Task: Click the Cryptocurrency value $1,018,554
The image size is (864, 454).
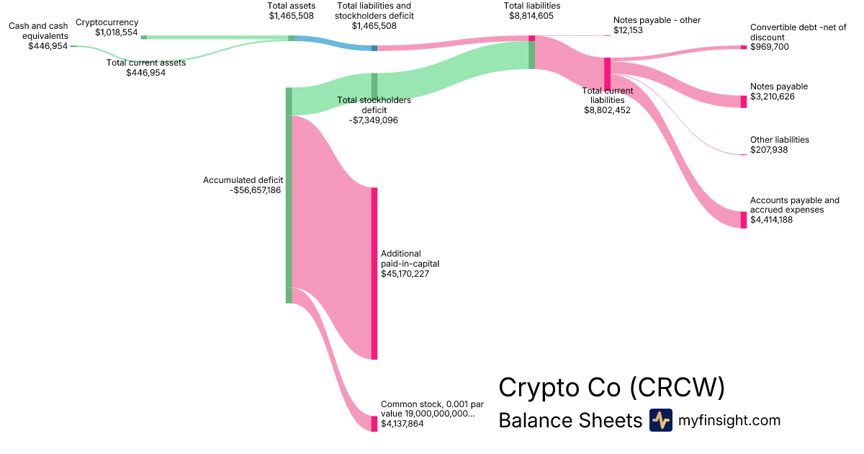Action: coord(116,32)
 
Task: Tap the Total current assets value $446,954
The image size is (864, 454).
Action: coord(146,72)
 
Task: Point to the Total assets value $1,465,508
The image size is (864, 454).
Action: coord(291,15)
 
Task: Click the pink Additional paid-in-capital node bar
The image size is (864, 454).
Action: coord(374,273)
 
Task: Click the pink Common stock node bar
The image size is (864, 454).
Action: coord(374,424)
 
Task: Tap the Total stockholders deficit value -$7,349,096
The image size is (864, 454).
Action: coord(374,120)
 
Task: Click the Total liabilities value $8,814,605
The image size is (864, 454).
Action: coord(532,15)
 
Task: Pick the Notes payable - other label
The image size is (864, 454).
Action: coord(657,20)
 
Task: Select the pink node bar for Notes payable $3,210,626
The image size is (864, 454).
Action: coord(744,102)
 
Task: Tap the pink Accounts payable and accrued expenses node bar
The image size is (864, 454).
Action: coord(744,220)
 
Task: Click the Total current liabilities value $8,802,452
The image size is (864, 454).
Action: coord(607,110)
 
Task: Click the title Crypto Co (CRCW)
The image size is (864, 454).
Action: coord(611,388)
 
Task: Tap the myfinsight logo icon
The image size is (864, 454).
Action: coord(660,420)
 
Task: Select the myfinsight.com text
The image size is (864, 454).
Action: coord(729,420)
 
